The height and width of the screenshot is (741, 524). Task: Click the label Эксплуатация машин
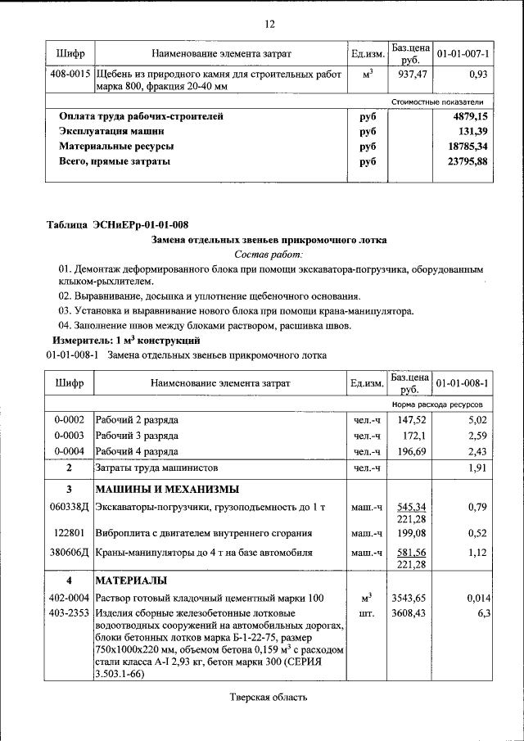[x=111, y=132]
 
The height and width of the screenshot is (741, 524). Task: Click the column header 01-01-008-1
[x=462, y=382]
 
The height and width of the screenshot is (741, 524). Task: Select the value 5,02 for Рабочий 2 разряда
[x=477, y=420]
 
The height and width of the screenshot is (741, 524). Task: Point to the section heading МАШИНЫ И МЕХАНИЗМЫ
[x=167, y=490]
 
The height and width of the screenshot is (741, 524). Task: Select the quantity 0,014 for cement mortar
[x=475, y=598]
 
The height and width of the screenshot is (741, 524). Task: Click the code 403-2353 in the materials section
[x=71, y=612]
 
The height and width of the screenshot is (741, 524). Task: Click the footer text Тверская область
[x=268, y=698]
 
